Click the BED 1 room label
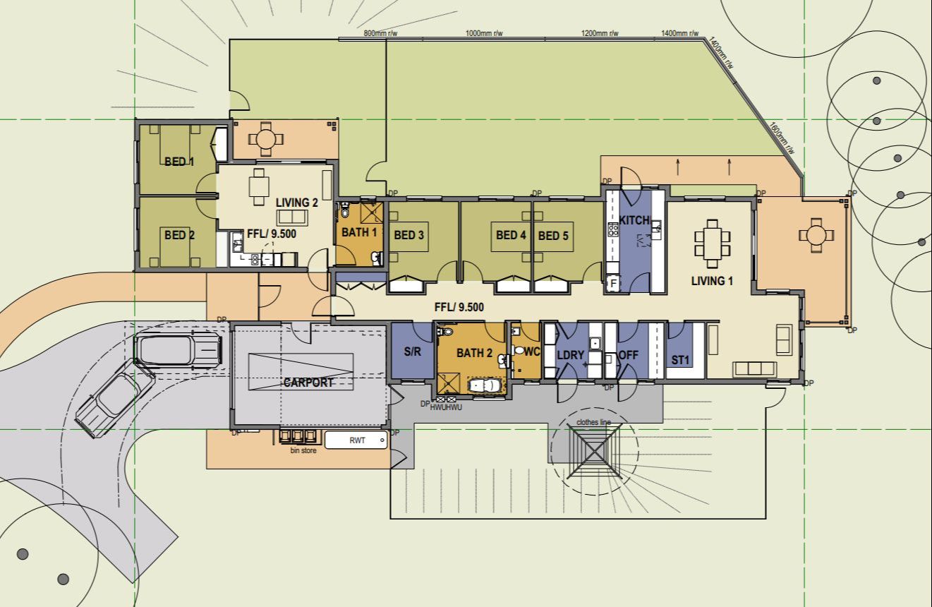[179, 162]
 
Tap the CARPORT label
[308, 383]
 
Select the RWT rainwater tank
[356, 440]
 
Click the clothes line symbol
[595, 451]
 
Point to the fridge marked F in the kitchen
[613, 284]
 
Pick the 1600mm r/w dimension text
[782, 138]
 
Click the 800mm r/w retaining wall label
[380, 33]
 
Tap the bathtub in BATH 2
[485, 385]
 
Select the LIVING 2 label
[296, 203]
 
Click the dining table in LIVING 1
[713, 244]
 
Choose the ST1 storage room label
[680, 360]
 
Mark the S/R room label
[412, 351]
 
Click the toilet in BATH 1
[345, 210]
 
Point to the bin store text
[303, 450]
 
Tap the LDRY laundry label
[571, 355]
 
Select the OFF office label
[628, 355]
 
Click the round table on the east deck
[816, 236]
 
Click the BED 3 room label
[408, 235]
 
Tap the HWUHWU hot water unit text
[446, 407]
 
